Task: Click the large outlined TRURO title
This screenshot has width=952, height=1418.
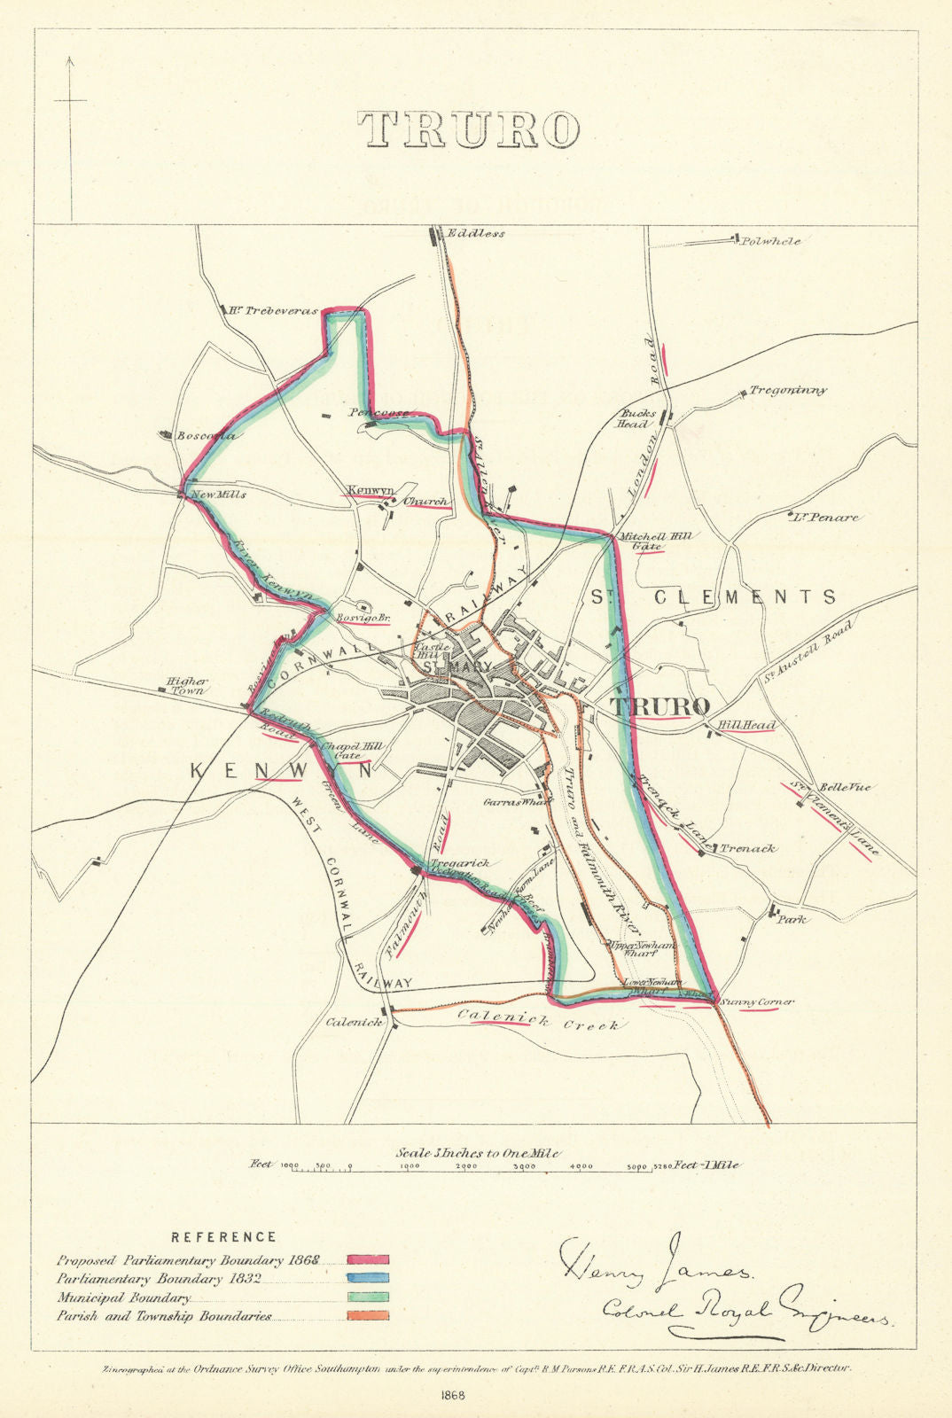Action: [469, 129]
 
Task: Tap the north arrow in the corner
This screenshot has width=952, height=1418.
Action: [69, 102]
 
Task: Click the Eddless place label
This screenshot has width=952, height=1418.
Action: [476, 234]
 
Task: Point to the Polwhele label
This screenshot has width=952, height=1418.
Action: [771, 241]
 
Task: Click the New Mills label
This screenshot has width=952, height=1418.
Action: [219, 495]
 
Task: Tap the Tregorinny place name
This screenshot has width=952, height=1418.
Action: [788, 390]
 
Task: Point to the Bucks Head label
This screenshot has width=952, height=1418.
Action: [638, 418]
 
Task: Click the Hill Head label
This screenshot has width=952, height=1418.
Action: [746, 726]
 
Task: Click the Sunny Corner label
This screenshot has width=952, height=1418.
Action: [756, 1002]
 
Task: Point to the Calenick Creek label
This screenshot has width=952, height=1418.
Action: [535, 1022]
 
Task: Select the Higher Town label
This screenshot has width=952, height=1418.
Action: [186, 686]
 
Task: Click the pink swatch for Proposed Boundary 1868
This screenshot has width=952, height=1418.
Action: [368, 1259]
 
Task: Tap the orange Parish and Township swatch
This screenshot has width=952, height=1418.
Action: [368, 1317]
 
